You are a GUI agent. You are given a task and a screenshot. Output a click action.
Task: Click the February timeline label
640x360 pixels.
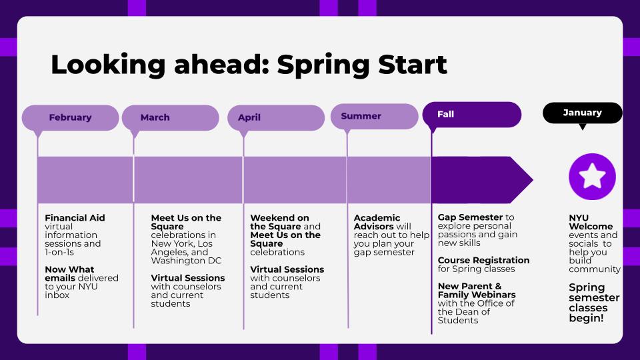coord(70,117)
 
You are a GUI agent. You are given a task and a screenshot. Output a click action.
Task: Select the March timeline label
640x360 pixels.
coord(155,117)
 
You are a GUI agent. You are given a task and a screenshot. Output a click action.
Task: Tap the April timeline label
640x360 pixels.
coord(249,117)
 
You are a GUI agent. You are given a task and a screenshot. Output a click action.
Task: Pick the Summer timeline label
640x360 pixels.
coord(361,116)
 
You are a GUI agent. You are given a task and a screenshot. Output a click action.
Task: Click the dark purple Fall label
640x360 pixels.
coord(445,114)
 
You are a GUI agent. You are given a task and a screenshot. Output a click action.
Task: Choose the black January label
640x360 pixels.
coord(582,113)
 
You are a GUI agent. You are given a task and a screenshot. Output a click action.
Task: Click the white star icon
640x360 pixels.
coord(592,177)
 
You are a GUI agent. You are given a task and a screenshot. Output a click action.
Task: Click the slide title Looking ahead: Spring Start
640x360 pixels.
coord(249,65)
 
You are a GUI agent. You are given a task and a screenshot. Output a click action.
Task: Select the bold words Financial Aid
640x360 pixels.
coord(75,218)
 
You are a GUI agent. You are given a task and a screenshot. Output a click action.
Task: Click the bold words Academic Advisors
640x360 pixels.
coord(377,222)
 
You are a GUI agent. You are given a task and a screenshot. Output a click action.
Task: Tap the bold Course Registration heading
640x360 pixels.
coord(483,260)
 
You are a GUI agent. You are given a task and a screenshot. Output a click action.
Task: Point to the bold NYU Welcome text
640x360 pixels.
coord(590,222)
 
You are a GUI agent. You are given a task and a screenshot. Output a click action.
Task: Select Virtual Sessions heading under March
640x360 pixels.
coord(188,278)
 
